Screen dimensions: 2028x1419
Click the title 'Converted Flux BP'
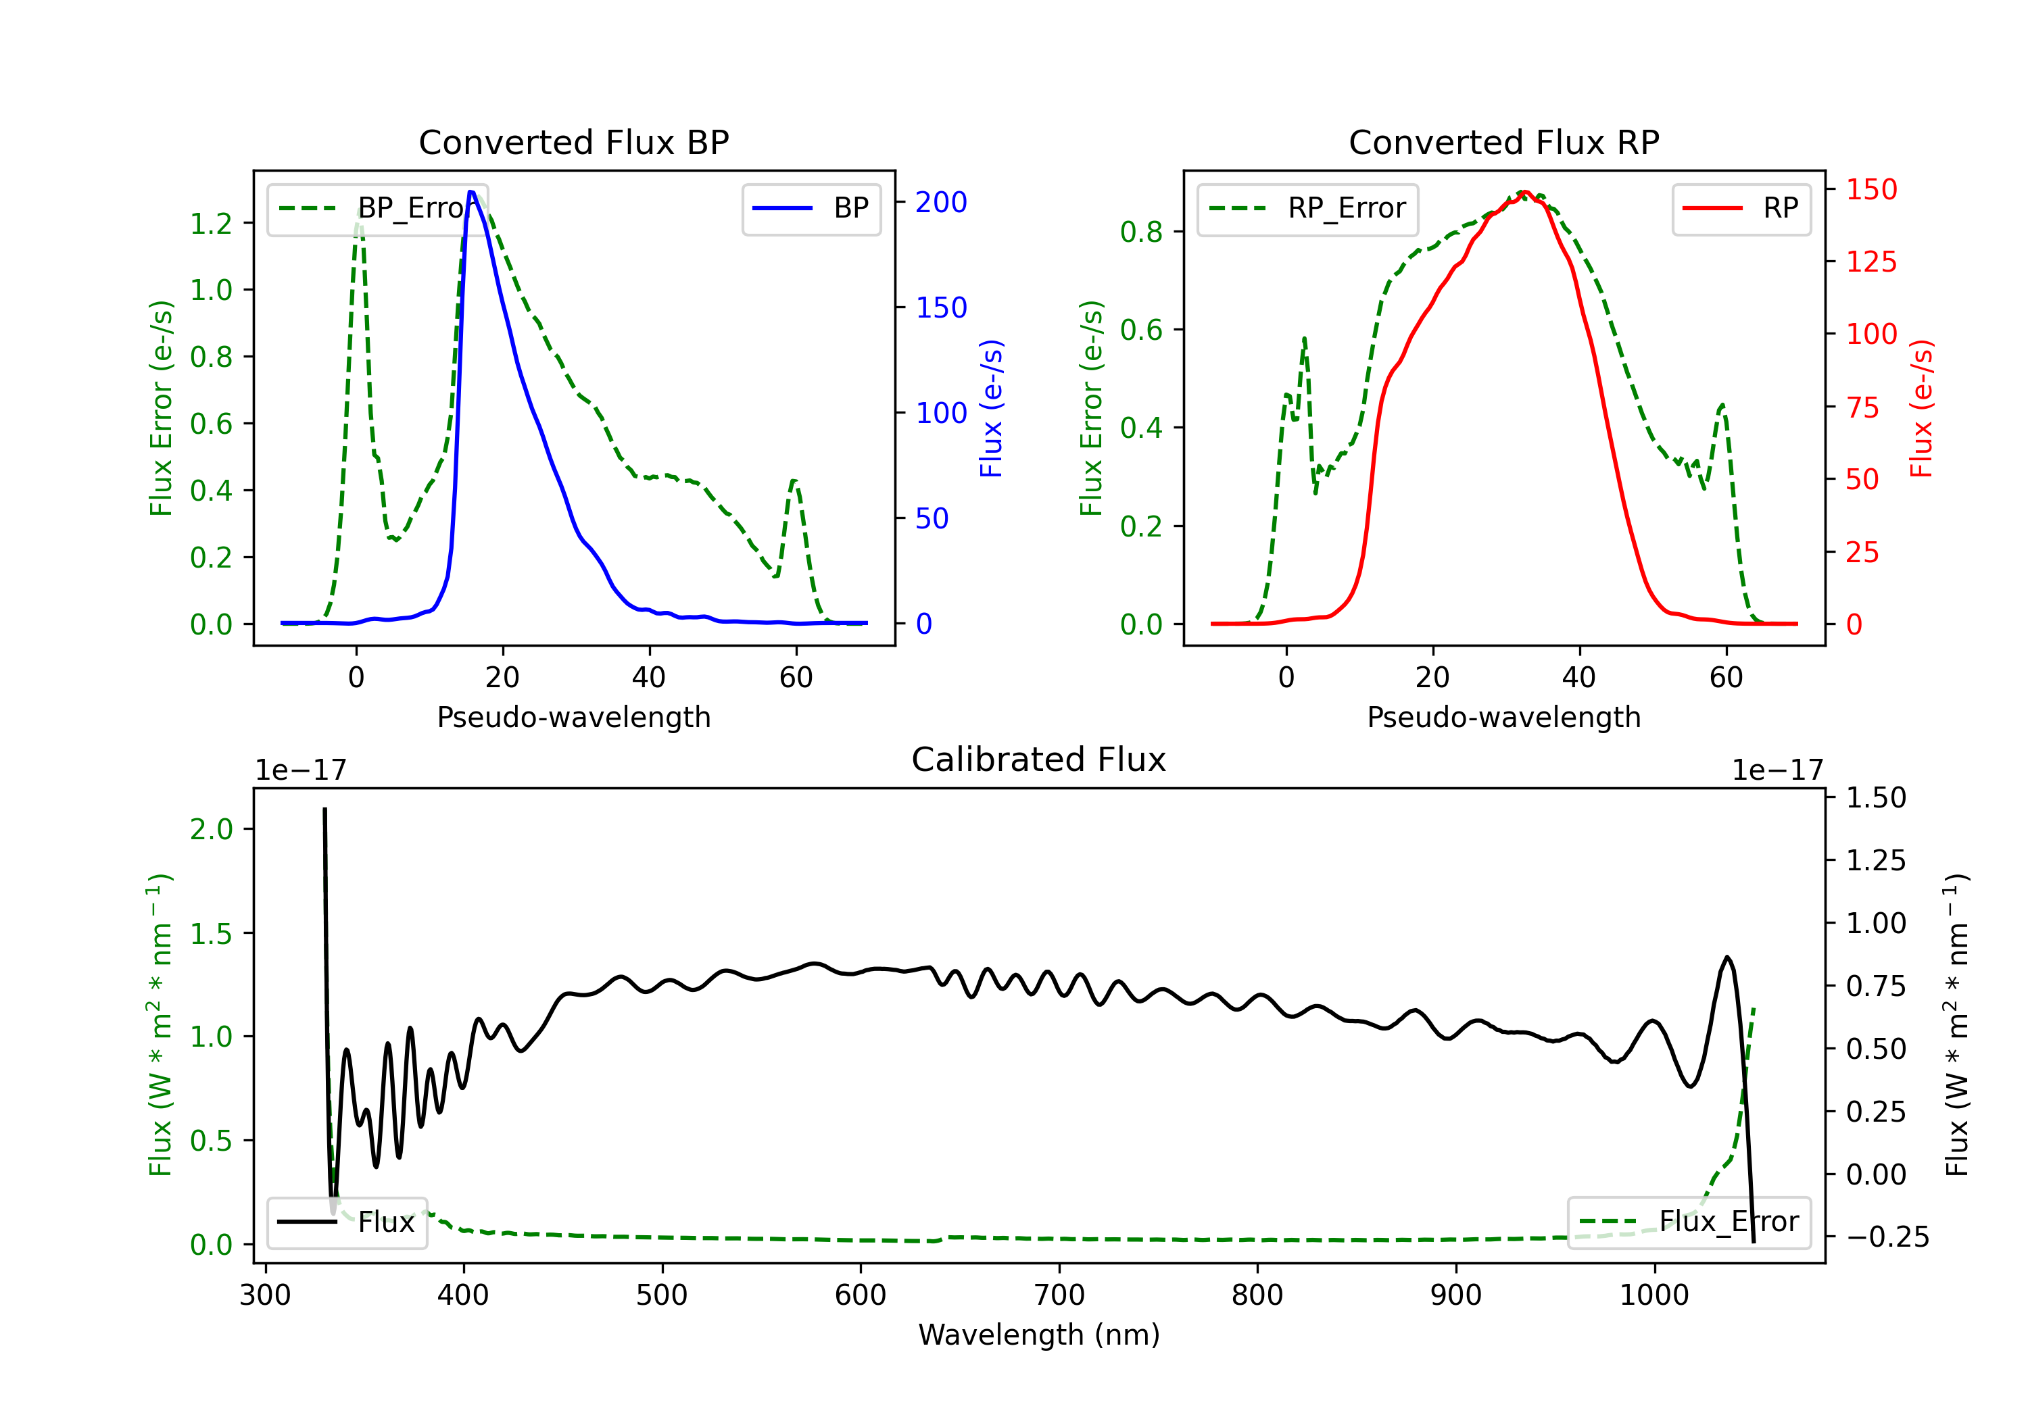tap(573, 142)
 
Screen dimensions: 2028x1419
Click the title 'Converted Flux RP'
tap(1503, 142)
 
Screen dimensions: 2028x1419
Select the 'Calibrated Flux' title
tap(1039, 760)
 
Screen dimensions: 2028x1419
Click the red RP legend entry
tap(1741, 208)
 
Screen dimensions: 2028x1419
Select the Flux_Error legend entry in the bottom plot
tap(1689, 1222)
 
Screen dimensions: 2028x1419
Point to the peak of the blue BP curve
tap(470, 192)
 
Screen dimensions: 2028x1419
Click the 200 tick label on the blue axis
tap(941, 202)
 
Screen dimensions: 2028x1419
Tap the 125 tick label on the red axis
tap(1870, 262)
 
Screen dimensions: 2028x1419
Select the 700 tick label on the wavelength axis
tap(1059, 1295)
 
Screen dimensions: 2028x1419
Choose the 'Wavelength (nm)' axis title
tap(1039, 1335)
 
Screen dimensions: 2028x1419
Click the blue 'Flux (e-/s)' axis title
tap(991, 408)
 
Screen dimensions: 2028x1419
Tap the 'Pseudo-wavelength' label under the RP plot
tap(1503, 717)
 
